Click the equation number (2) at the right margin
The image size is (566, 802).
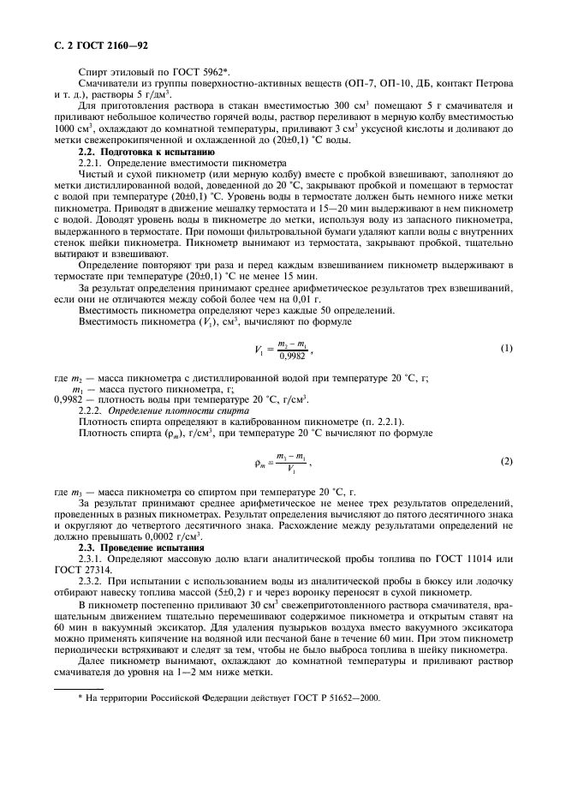click(x=506, y=462)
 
